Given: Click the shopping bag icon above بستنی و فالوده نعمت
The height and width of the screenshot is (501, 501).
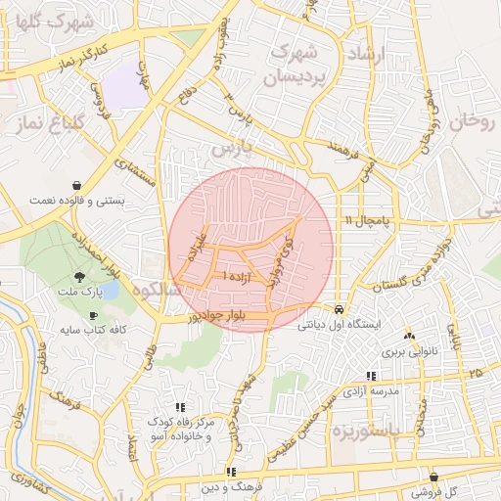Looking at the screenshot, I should click(x=77, y=185).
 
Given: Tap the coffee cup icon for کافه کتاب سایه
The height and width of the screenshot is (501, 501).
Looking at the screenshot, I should click(x=93, y=315).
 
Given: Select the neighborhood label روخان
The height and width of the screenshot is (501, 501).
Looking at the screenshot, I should click(x=476, y=121).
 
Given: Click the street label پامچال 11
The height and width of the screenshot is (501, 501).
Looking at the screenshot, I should click(x=367, y=222).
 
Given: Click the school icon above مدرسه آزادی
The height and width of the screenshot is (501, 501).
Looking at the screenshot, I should click(x=370, y=376).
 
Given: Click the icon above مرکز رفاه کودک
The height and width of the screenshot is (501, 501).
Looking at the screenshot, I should click(x=179, y=406).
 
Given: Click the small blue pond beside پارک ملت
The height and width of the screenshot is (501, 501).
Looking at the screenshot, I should click(x=107, y=291).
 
